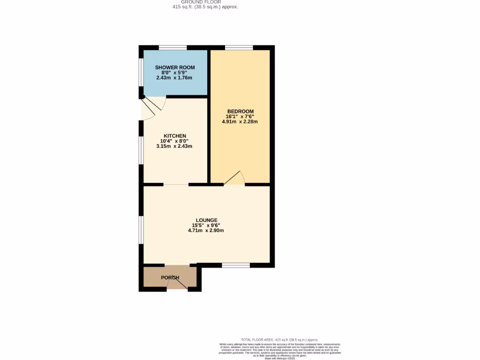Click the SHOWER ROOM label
pyautogui.click(x=174, y=67)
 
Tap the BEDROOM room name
pyautogui.click(x=240, y=111)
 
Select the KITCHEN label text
pyautogui.click(x=174, y=136)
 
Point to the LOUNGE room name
pyautogui.click(x=206, y=220)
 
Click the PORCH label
pyautogui.click(x=170, y=277)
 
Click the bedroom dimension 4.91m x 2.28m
pyautogui.click(x=240, y=121)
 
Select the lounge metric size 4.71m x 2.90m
pyautogui.click(x=206, y=230)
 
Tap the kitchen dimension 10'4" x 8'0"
pyautogui.click(x=174, y=141)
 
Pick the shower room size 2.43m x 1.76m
pyautogui.click(x=174, y=78)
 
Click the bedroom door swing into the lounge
pyautogui.click(x=235, y=179)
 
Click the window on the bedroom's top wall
pyautogui.click(x=239, y=47)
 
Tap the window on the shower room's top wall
pyautogui.click(x=172, y=47)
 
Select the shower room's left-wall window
pyautogui.click(x=141, y=72)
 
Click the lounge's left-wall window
pyautogui.click(x=141, y=230)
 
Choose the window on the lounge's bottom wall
pyautogui.click(x=236, y=265)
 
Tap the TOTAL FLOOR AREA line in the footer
pyautogui.click(x=279, y=339)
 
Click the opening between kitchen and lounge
pyautogui.click(x=176, y=184)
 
